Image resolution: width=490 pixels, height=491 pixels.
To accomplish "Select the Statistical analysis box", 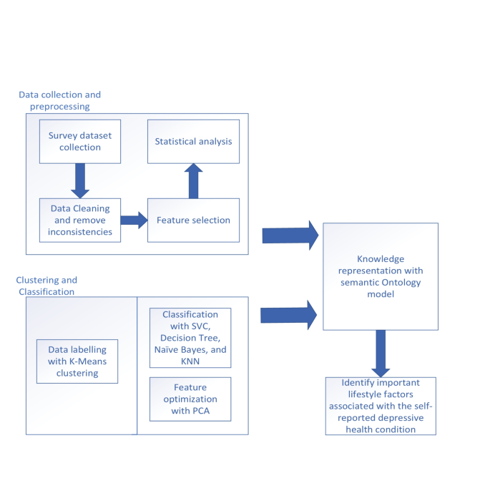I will pyautogui.click(x=193, y=141).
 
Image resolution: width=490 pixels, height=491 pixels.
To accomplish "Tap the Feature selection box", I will pyautogui.click(x=193, y=220).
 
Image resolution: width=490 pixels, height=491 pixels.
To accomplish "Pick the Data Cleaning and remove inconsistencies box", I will pyautogui.click(x=79, y=219).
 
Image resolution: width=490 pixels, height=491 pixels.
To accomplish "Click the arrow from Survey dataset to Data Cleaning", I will pyautogui.click(x=80, y=180).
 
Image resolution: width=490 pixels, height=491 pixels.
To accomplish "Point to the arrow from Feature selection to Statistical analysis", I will pyautogui.click(x=193, y=180).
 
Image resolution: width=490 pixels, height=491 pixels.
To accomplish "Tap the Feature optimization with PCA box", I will pyautogui.click(x=190, y=399).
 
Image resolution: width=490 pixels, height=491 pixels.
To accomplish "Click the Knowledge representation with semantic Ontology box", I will pyautogui.click(x=380, y=276).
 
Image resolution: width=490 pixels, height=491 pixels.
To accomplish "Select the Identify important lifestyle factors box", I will pyautogui.click(x=380, y=406).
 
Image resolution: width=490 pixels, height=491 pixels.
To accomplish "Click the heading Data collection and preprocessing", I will pyautogui.click(x=59, y=100).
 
